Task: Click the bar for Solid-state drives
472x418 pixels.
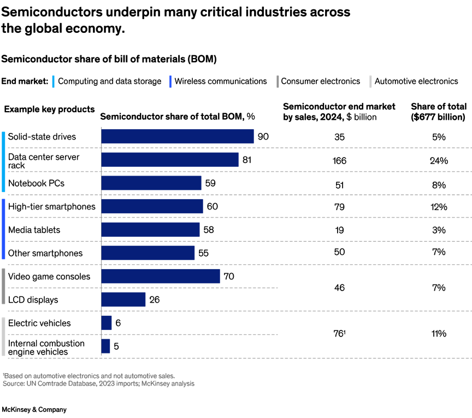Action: [x=178, y=136]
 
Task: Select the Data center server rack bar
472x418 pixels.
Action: [x=170, y=160]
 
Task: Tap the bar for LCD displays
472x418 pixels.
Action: [x=123, y=299]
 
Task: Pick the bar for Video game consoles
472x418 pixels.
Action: [x=161, y=276]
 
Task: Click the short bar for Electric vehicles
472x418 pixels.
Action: [x=107, y=323]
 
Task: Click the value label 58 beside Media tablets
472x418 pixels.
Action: [x=209, y=230]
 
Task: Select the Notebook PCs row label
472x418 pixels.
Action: [x=36, y=183]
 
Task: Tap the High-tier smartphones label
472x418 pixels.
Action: [x=51, y=206]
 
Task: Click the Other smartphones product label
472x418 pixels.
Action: [x=45, y=253]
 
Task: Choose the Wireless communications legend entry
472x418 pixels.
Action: [x=221, y=81]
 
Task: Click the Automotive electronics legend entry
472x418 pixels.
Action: [x=416, y=81]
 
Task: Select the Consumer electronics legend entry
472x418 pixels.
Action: [x=321, y=81]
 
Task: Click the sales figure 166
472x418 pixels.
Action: [x=339, y=160]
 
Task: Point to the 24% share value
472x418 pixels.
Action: [x=439, y=160]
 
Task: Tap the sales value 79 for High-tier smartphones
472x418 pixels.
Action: [x=339, y=207]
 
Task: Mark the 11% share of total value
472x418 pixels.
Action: [x=439, y=333]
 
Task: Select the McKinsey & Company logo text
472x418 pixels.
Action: [x=34, y=409]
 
